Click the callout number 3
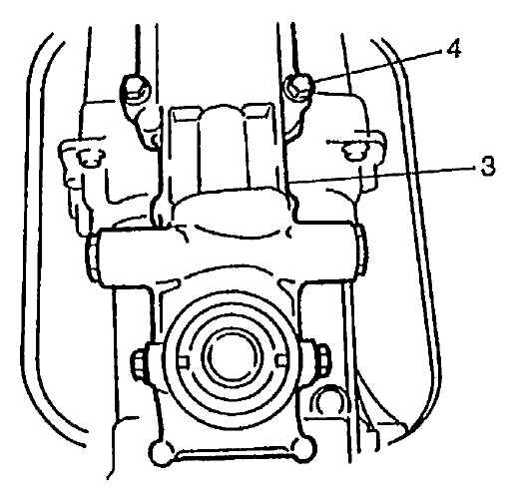(488, 166)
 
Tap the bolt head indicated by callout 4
(298, 88)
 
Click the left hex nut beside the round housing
(141, 362)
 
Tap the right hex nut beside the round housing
(321, 360)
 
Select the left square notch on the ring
(184, 362)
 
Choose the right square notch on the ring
(281, 360)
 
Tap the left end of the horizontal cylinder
(94, 256)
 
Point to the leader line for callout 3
(381, 176)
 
